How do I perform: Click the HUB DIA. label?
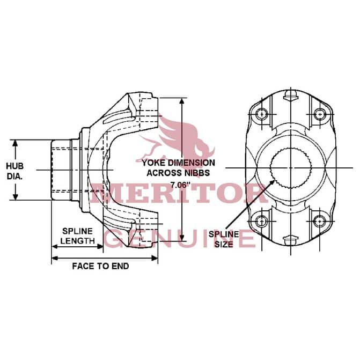15,171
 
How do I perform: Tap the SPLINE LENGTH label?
78,236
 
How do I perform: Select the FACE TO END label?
100,266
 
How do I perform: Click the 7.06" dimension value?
181,185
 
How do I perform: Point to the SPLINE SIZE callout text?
224,239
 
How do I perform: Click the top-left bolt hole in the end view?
261,114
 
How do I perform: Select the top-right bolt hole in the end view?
319,114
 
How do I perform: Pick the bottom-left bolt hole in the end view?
261,222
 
